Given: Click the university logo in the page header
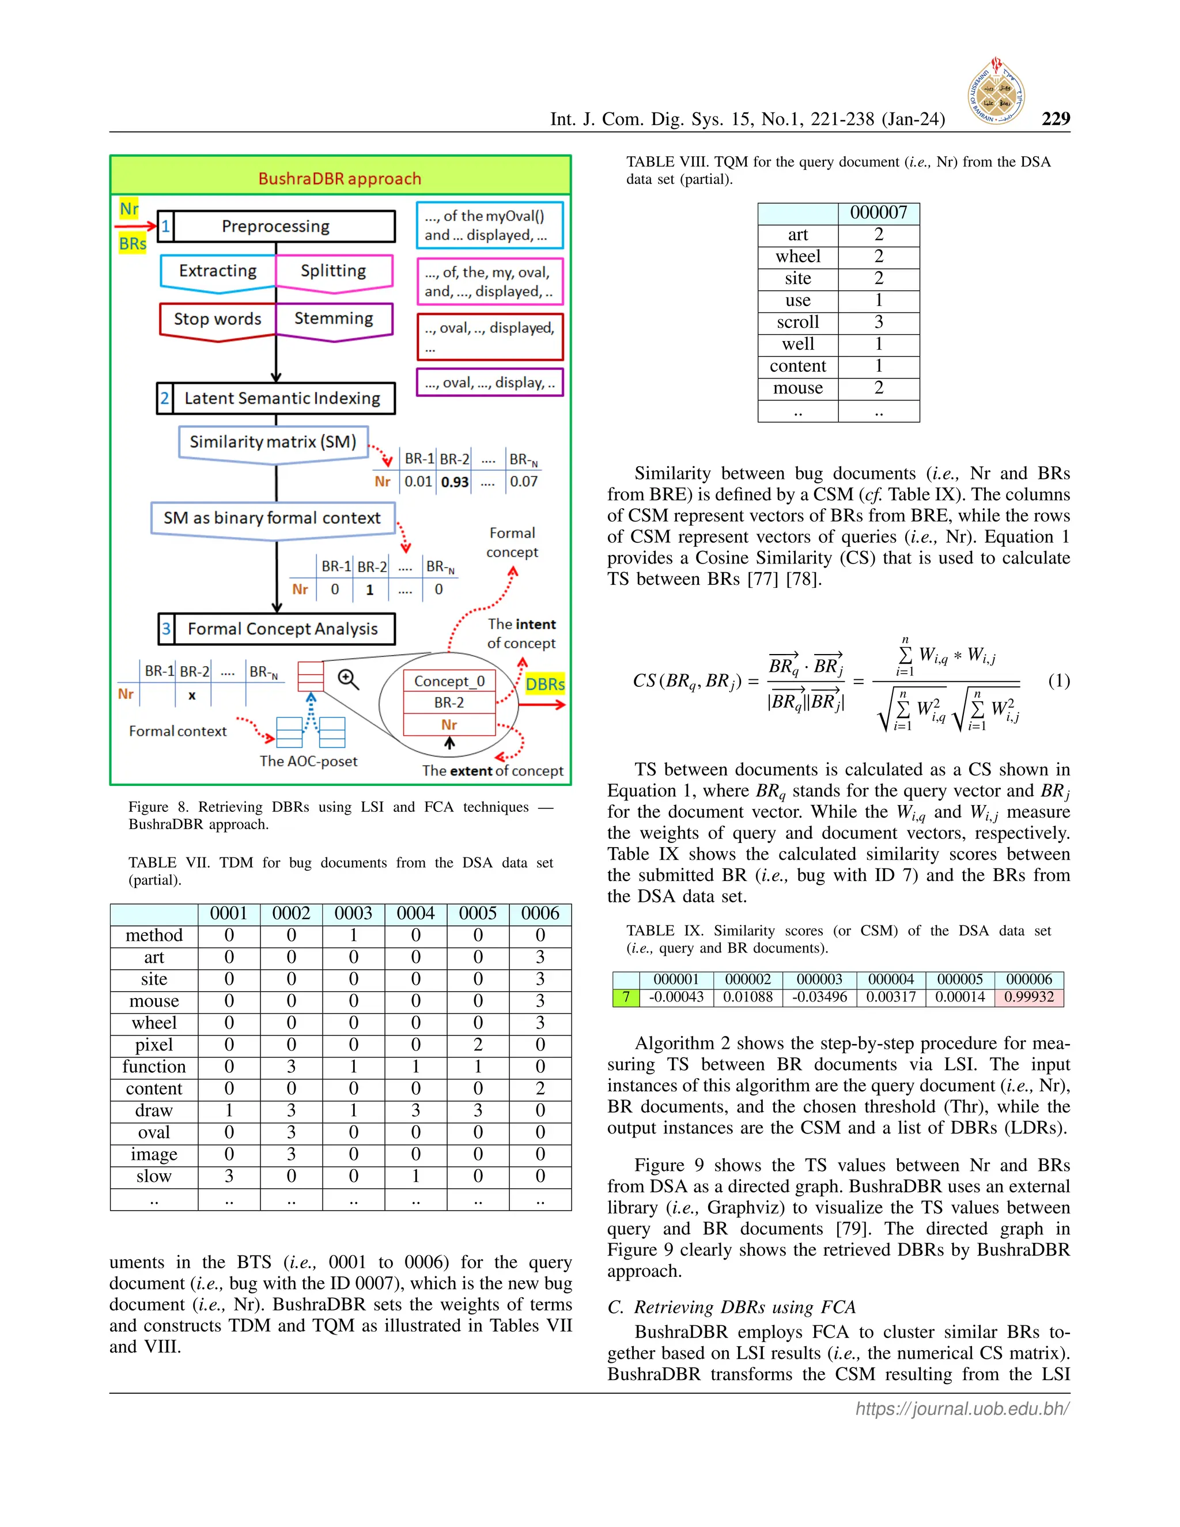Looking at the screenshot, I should (x=996, y=92).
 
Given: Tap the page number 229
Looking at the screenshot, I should (x=1055, y=119).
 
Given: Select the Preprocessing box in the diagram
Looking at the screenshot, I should (x=275, y=226).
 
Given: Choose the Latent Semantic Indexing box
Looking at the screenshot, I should (x=275, y=399).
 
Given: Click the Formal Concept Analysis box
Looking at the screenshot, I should (x=276, y=629).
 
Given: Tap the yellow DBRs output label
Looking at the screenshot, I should (x=544, y=684).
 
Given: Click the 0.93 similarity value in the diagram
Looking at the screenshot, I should (x=455, y=482).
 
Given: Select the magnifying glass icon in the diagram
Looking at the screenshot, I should (x=348, y=679).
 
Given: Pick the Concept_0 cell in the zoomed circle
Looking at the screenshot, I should (x=449, y=681).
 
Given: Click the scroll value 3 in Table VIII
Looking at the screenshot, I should (x=878, y=322).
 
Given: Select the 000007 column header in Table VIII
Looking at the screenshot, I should (x=878, y=213).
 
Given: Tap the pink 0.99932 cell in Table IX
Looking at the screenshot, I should (x=1028, y=997).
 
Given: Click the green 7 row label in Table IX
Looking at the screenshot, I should (x=626, y=997).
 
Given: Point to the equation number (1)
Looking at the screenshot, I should (x=1058, y=681).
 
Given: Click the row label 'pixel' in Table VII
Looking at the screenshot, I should (x=154, y=1045).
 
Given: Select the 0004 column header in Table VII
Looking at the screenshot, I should (x=415, y=914).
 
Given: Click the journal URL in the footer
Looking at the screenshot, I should (x=962, y=1409).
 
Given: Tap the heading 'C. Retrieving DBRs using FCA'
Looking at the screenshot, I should (x=731, y=1307).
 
